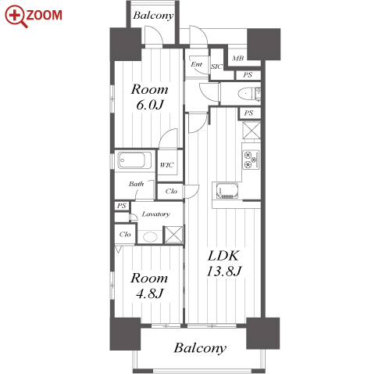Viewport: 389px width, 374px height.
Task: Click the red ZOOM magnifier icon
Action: pos(16,16)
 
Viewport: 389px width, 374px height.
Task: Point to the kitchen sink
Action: pos(227,190)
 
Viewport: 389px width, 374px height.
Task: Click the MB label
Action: pos(238,58)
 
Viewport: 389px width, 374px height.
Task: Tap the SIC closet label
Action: pos(216,67)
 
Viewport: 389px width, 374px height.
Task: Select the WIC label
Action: pos(166,165)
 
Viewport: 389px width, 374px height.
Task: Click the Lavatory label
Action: pos(155,214)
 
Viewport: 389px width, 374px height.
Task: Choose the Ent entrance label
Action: pos(196,64)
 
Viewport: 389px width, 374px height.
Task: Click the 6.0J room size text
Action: pos(150,105)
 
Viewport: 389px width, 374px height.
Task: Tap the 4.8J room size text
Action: pos(149,293)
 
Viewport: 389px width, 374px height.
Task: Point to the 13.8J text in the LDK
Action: pos(224,272)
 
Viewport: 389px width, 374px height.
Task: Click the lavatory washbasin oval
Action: pos(150,237)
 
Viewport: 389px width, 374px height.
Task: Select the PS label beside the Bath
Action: pos(121,206)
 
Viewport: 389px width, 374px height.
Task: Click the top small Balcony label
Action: pos(153,16)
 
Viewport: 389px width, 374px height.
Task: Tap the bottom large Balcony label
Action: pos(200,347)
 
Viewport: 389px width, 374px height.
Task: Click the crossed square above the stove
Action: pos(252,130)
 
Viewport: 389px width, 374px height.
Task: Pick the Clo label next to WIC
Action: pos(171,192)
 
